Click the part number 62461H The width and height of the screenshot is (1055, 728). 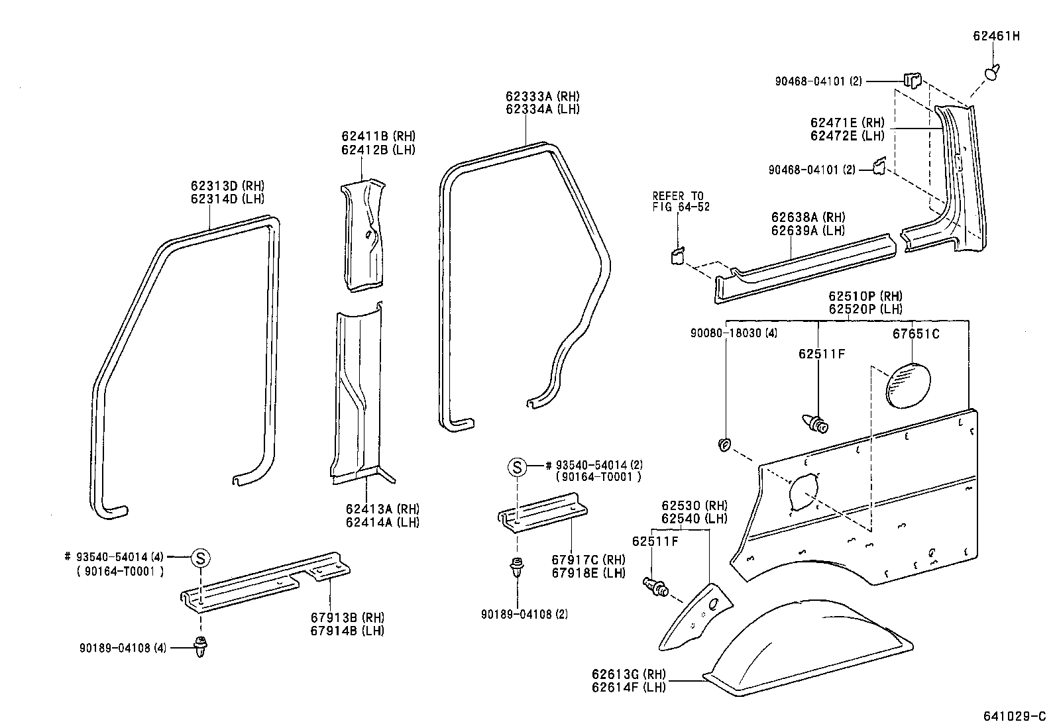click(x=995, y=36)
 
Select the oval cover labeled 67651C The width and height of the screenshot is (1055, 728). click(x=908, y=385)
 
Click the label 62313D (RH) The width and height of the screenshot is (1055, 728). click(x=227, y=185)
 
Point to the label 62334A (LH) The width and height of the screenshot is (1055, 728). click(x=542, y=109)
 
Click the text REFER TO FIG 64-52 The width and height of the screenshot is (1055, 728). click(x=681, y=201)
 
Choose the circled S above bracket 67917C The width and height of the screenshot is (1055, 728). click(x=517, y=467)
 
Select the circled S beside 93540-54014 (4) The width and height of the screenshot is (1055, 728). click(x=200, y=558)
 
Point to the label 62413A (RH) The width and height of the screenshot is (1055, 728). click(x=382, y=509)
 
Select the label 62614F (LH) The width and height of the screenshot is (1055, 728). click(x=629, y=688)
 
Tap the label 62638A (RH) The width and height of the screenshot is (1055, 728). click(x=808, y=217)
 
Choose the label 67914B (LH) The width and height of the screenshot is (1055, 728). click(x=347, y=631)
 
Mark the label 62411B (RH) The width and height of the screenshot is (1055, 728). click(x=378, y=136)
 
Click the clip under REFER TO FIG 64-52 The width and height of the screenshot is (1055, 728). click(x=678, y=255)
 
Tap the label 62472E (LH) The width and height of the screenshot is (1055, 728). click(x=847, y=136)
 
